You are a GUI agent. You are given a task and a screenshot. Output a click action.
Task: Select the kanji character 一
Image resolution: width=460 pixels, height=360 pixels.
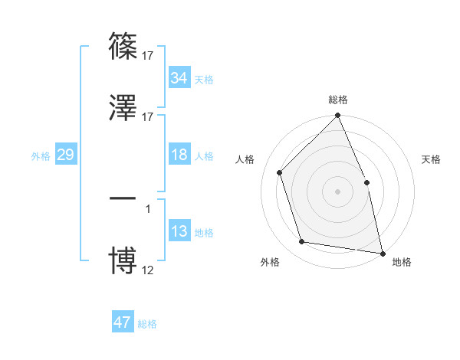coord(123,198)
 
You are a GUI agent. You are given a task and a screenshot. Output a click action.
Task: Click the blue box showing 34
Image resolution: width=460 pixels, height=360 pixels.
coord(179,78)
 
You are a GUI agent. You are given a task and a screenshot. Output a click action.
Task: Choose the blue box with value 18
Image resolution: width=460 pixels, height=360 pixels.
coord(179,155)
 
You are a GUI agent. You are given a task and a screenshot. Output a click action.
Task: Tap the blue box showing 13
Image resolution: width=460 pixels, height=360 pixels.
coord(179,231)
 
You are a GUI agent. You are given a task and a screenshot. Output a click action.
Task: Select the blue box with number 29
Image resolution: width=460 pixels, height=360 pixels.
coord(65,155)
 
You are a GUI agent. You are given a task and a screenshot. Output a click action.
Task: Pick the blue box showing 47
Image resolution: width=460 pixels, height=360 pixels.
coord(123,322)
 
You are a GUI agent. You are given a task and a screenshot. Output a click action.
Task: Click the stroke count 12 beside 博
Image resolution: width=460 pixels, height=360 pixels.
coord(148,270)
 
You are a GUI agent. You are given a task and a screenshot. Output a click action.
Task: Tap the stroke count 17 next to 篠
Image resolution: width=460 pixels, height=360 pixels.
coord(148,55)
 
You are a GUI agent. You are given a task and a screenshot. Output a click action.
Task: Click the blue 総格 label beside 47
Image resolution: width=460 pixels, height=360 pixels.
coord(147,324)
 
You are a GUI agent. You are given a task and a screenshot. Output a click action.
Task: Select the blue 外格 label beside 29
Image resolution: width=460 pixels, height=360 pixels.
coord(41,155)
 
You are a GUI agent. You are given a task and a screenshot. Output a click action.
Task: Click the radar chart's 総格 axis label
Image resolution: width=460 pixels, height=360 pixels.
coord(338,100)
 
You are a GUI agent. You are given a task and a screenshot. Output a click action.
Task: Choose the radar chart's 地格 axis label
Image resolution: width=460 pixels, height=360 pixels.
coord(402,262)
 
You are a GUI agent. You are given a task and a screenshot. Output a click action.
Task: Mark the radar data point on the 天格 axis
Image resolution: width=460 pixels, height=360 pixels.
coord(366,182)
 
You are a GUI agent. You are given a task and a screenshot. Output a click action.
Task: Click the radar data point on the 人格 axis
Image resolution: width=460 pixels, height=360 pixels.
coord(280,172)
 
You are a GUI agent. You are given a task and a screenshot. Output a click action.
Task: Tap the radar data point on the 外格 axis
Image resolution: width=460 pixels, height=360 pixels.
coord(302,242)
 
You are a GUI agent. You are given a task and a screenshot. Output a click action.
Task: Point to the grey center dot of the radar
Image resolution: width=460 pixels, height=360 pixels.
coord(338,191)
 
